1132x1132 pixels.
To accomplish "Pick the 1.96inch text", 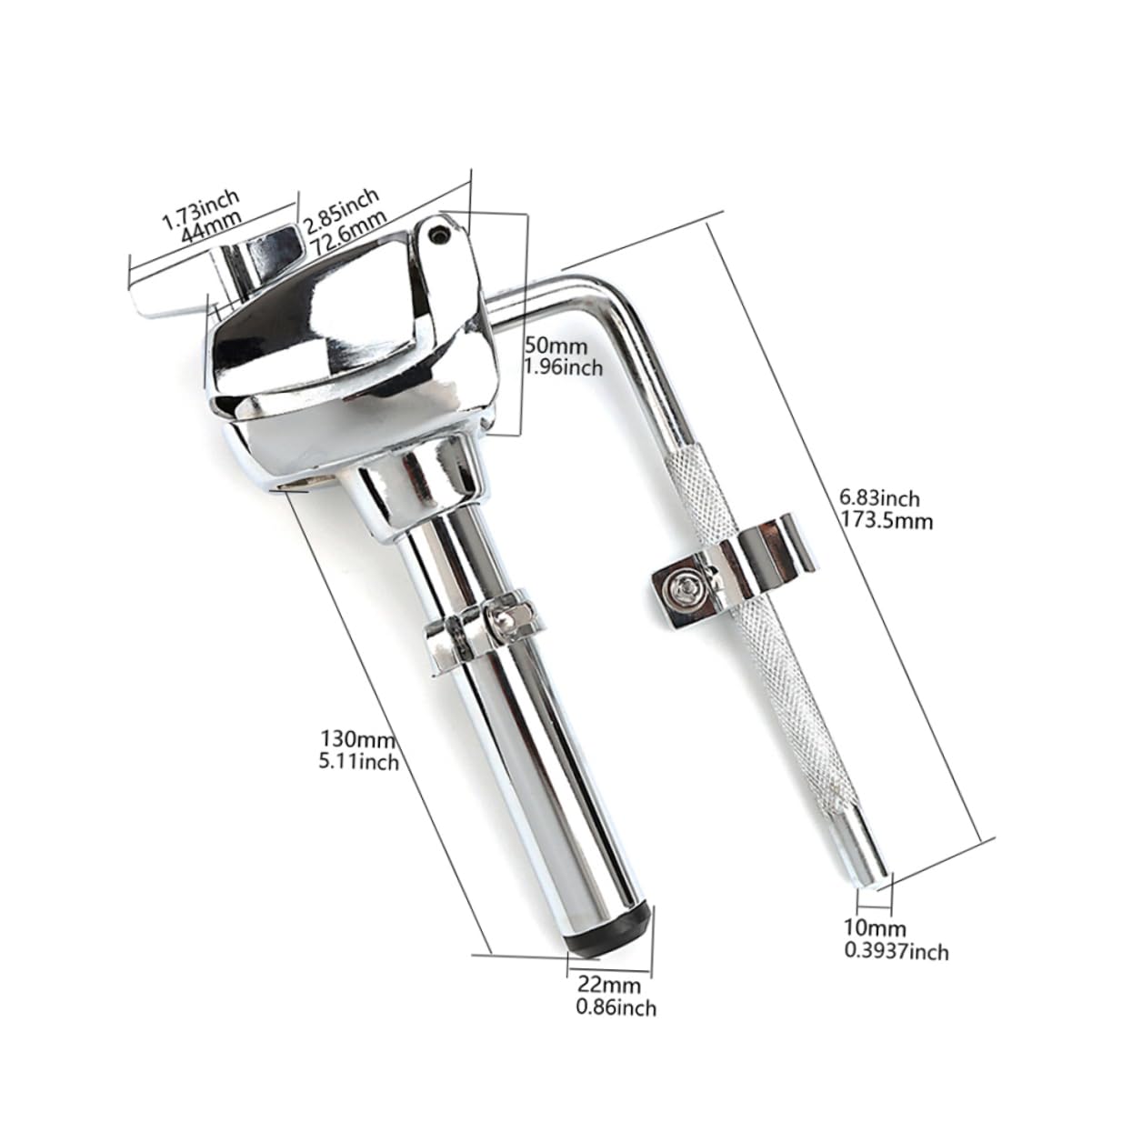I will click(x=564, y=367).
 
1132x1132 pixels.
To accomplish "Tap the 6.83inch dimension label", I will click(x=880, y=499).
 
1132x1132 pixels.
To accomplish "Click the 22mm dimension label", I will click(x=608, y=984).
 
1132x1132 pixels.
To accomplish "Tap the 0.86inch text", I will click(x=616, y=1007).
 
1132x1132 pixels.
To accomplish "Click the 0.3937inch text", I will click(x=897, y=951).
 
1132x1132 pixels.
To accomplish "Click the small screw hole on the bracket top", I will click(x=441, y=235).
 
